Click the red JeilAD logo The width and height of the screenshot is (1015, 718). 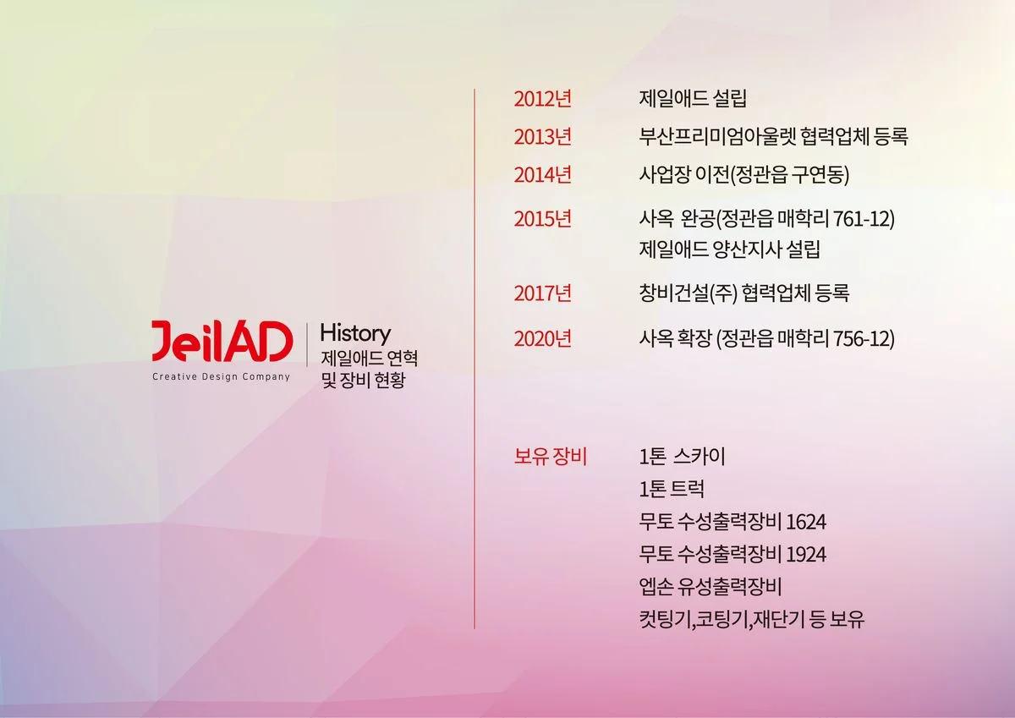tap(222, 342)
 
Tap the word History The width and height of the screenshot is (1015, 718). tap(355, 333)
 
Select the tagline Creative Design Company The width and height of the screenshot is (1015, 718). tap(221, 377)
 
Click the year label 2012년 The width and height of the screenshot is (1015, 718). tap(542, 99)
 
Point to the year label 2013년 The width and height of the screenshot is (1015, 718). tap(542, 137)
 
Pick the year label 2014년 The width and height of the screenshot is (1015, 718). tap(542, 175)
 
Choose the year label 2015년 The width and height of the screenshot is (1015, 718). tap(542, 219)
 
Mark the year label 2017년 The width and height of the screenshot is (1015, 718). tap(542, 293)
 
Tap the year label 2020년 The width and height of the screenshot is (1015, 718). tap(542, 339)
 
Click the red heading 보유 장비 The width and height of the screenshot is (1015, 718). tap(550, 458)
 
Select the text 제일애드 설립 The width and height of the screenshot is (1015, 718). tap(693, 99)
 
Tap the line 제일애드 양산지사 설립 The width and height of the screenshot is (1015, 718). tap(730, 250)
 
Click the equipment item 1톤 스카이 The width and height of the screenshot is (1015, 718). tap(683, 458)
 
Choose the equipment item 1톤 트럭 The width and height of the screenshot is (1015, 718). tap(672, 490)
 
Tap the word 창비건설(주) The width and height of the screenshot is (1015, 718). tap(688, 293)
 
